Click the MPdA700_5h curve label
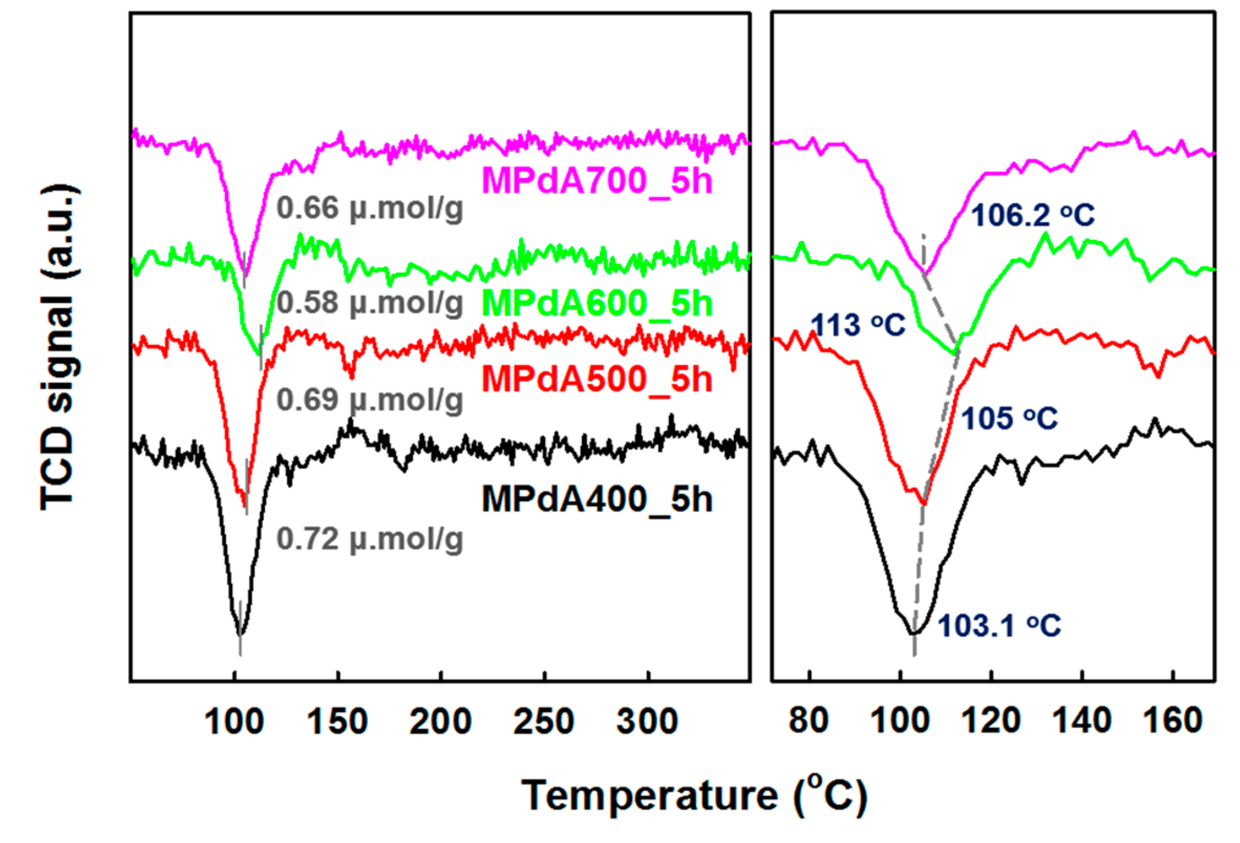(x=597, y=181)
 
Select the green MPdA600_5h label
(x=597, y=303)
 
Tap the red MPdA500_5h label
(x=597, y=380)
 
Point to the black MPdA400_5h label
(x=597, y=499)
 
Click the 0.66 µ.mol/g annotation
(x=370, y=209)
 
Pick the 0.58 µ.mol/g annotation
(x=370, y=303)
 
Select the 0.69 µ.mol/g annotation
(x=370, y=400)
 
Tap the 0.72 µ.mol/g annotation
(x=370, y=540)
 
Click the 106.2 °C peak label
(x=1033, y=215)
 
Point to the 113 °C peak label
(x=857, y=325)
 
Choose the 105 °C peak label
(x=1009, y=418)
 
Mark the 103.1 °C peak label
(x=999, y=626)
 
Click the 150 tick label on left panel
(x=337, y=721)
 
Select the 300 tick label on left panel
(x=647, y=721)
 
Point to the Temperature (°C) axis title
(x=694, y=796)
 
